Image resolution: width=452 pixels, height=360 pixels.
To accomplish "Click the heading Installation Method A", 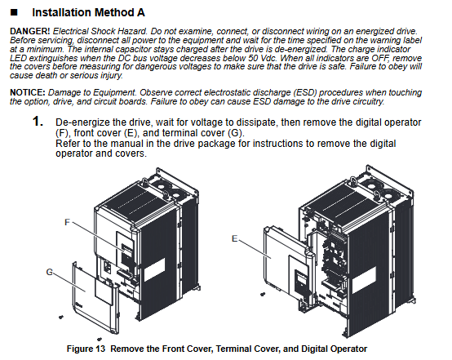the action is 88,13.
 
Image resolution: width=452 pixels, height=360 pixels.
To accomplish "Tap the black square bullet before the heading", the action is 14,12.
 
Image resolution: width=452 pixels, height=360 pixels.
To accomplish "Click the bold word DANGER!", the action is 30,31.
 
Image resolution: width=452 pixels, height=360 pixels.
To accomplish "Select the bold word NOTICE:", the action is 28,92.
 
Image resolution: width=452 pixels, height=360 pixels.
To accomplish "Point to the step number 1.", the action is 38,122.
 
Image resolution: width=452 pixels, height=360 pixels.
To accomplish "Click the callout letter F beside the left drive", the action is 67,222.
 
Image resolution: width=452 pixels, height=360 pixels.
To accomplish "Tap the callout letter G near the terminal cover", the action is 50,272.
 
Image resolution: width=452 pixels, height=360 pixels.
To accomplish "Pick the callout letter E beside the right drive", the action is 235,238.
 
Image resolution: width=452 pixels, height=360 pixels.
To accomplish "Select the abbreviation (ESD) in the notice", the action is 305,92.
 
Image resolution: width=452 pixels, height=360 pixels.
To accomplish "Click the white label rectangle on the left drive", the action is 154,269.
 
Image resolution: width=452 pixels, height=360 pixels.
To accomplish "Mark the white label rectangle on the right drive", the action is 364,278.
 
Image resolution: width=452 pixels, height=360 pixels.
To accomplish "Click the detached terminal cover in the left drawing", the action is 95,297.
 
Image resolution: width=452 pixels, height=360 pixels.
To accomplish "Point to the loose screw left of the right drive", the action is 263,295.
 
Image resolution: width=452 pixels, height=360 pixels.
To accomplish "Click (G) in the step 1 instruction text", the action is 236,133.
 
